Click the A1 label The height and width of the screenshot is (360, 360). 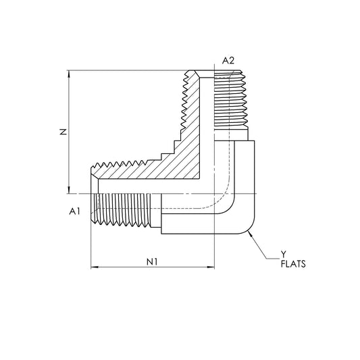tap(75, 211)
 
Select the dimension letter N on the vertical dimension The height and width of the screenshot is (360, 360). tap(62, 133)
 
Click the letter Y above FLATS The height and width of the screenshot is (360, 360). tap(283, 255)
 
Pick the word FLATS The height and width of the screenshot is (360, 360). tap(292, 265)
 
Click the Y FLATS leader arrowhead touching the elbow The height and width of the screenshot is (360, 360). tap(249, 231)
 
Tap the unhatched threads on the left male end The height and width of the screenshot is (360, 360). tap(125, 210)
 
